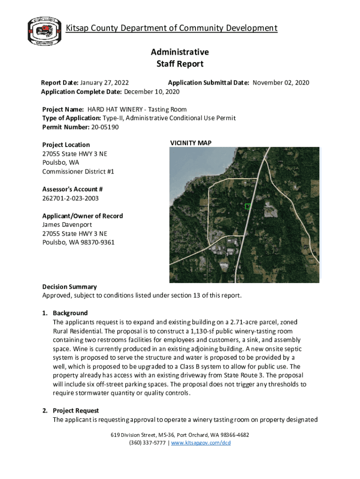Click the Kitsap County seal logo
click(43, 31)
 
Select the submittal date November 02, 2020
click(281, 83)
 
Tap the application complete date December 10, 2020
click(151, 91)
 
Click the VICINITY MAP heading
click(190, 143)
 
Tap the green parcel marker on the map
click(248, 206)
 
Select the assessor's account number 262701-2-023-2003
click(70, 198)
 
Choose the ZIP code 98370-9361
click(98, 242)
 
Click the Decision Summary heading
click(69, 287)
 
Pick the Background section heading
click(70, 313)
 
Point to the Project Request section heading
click(76, 411)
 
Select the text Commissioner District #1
click(78, 172)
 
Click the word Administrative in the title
click(180, 52)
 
